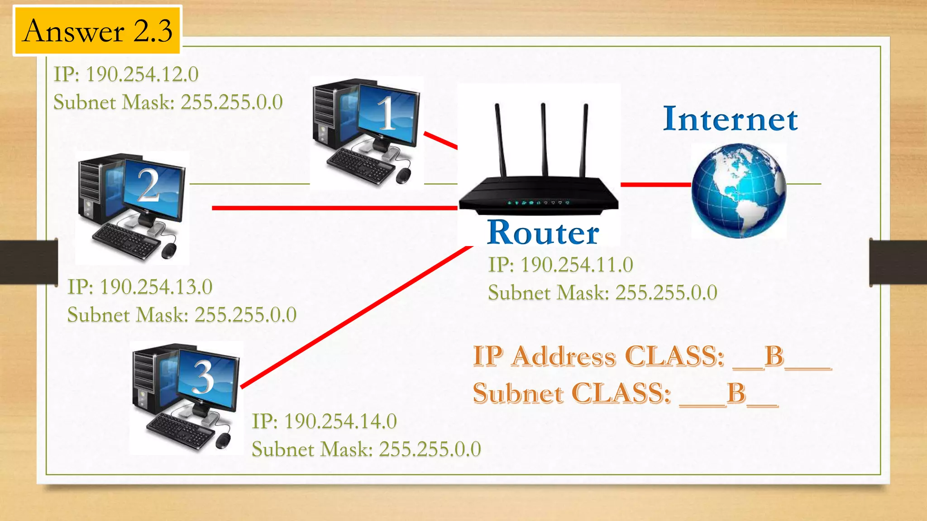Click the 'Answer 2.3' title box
pyautogui.click(x=97, y=31)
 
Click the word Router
pyautogui.click(x=543, y=232)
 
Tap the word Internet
pyautogui.click(x=730, y=119)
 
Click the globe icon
pyautogui.click(x=739, y=191)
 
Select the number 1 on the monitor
pyautogui.click(x=387, y=114)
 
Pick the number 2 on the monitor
pyautogui.click(x=149, y=185)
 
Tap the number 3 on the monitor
pyautogui.click(x=203, y=377)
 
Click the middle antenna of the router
pyautogui.click(x=544, y=140)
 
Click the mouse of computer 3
pyautogui.click(x=223, y=440)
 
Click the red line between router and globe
pyautogui.click(x=655, y=185)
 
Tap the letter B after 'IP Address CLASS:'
pyautogui.click(x=774, y=356)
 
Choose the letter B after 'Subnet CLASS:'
pyautogui.click(x=736, y=393)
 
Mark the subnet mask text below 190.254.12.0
pyautogui.click(x=168, y=103)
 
